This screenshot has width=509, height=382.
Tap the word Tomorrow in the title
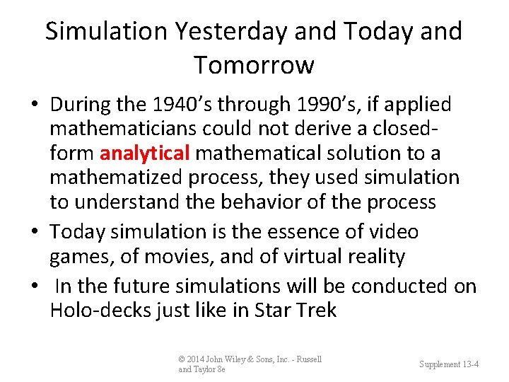click(x=254, y=65)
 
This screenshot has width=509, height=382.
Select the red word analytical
click(x=145, y=153)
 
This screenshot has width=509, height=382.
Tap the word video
click(x=393, y=231)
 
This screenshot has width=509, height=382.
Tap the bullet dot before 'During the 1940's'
click(x=34, y=105)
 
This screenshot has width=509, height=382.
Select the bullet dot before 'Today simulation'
click(x=34, y=232)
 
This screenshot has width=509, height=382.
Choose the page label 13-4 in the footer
click(x=469, y=364)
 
